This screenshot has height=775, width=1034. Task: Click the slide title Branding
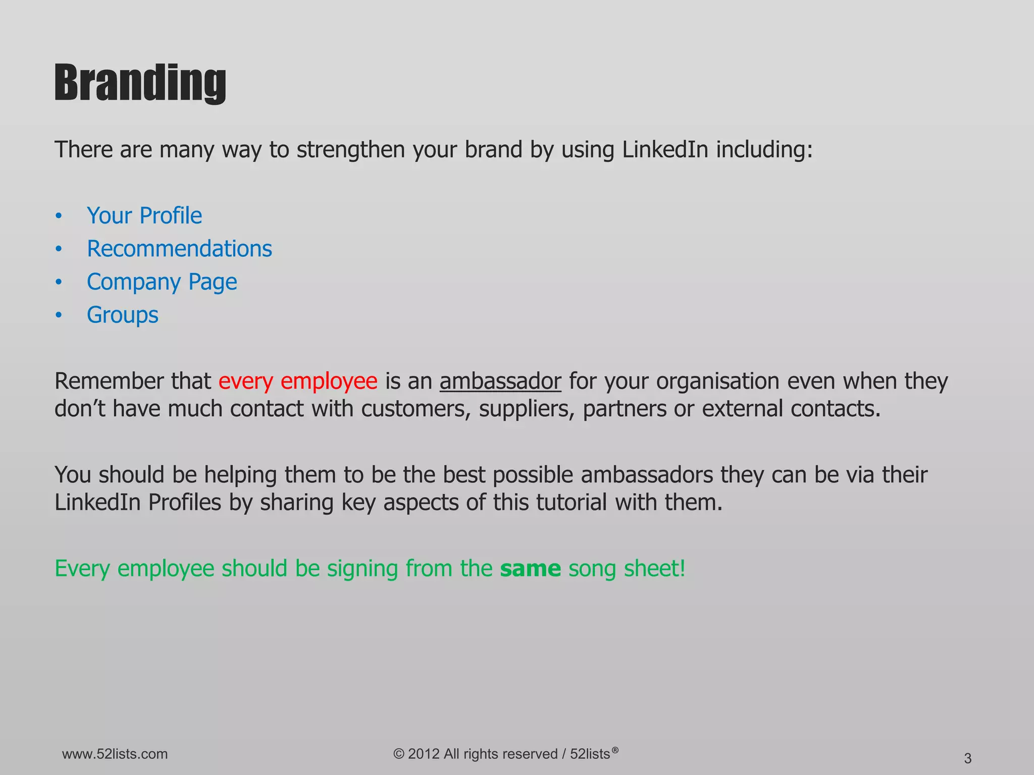click(140, 83)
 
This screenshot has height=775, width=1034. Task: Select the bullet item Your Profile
click(144, 216)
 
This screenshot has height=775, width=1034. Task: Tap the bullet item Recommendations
click(179, 249)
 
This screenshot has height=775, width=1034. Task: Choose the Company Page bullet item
click(162, 282)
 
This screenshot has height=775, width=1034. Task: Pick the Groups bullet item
click(123, 315)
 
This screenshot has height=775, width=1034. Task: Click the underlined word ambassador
click(500, 381)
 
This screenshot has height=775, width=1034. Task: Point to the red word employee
click(329, 381)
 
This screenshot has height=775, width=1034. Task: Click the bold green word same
click(530, 569)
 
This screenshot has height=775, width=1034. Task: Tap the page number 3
click(967, 758)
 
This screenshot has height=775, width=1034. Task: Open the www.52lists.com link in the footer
click(115, 754)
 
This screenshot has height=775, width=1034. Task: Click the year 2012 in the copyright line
click(424, 754)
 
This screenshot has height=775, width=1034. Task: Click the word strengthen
click(350, 150)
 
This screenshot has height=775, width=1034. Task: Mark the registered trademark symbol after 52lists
click(614, 749)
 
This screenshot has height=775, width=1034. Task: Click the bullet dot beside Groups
click(59, 315)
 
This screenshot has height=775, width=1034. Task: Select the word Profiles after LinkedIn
click(185, 503)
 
